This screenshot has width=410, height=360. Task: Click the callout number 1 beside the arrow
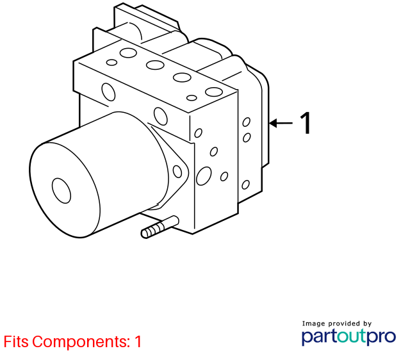tap(306, 123)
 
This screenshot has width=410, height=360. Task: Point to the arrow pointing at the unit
tap(281, 123)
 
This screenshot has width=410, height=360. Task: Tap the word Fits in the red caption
tap(16, 341)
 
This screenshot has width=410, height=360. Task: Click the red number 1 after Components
tap(138, 341)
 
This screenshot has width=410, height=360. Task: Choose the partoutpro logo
tap(348, 337)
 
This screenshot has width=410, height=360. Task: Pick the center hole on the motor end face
tap(61, 191)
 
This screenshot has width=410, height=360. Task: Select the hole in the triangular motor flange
tap(177, 172)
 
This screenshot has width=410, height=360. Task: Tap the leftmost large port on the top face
tap(128, 53)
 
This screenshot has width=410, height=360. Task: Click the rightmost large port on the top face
tap(214, 92)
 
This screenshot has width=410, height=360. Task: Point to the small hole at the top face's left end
tap(111, 63)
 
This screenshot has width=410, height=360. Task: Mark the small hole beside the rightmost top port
tap(192, 98)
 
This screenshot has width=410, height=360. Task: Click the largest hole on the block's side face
tap(204, 176)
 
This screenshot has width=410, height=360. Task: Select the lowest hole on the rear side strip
tap(245, 185)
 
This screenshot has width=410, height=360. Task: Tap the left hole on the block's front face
tap(108, 92)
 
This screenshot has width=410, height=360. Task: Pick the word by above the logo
tap(367, 324)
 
